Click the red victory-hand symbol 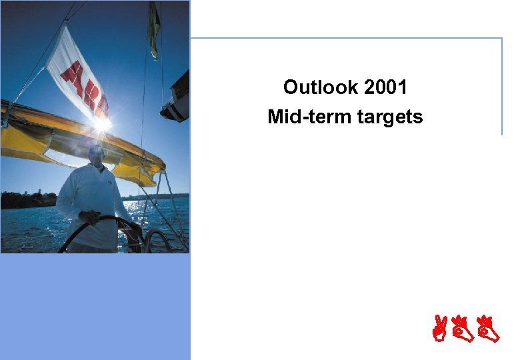pos(439,329)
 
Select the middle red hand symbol pos(464,329)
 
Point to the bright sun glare pos(101,123)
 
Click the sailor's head pos(97,155)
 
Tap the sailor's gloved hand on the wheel pos(89,217)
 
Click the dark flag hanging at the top pos(154,27)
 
